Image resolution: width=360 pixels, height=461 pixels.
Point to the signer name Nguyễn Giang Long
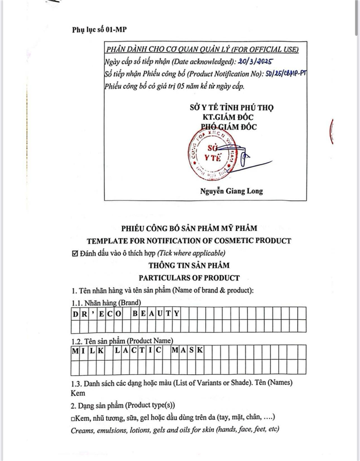231,191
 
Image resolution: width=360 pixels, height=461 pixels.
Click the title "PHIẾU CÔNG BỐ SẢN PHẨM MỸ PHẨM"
189,228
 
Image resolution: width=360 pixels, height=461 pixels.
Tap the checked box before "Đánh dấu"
76,253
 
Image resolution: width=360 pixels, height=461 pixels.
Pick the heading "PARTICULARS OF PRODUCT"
189,278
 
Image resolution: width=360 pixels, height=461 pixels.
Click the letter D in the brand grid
75,313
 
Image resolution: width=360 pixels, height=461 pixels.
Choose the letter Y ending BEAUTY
176,313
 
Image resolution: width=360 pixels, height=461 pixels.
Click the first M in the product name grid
75,350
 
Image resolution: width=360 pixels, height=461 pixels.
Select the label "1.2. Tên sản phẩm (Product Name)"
122,341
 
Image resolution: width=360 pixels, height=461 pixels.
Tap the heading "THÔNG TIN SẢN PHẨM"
189,266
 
